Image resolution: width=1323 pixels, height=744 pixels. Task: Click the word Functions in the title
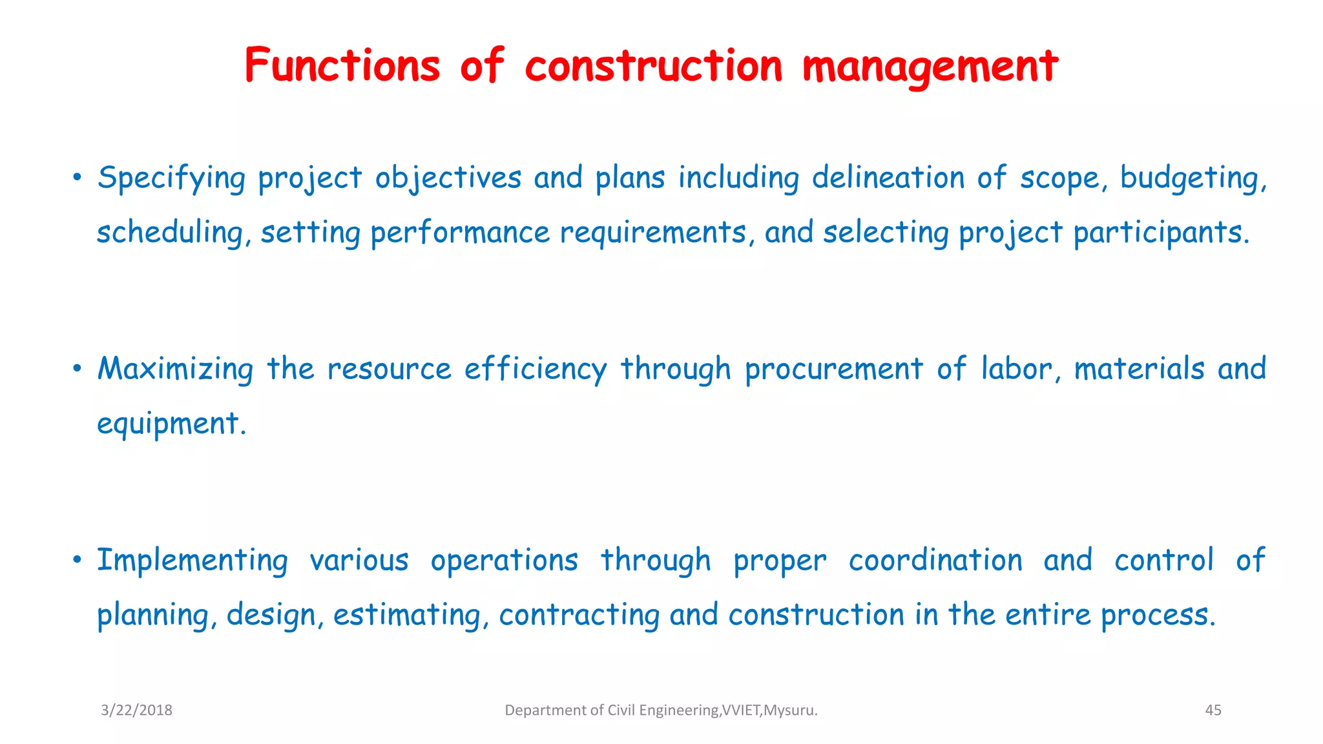pos(342,66)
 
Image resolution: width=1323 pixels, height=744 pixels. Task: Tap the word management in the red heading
pos(930,67)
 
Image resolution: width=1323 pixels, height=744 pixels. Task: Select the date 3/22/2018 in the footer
pos(136,710)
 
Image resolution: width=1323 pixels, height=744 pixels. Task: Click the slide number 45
pos(1213,710)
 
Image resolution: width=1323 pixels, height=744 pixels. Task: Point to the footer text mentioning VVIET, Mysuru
pos(661,710)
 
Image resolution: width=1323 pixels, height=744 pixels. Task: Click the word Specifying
pos(172,178)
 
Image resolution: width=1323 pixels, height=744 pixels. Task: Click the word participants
pos(1161,233)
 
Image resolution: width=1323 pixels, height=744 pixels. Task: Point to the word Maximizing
pos(175,369)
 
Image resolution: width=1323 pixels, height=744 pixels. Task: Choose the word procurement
pos(834,369)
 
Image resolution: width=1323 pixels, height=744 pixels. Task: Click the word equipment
pos(171,424)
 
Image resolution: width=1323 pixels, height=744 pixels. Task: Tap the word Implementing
pos(193,561)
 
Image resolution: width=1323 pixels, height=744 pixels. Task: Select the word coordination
pos(935,561)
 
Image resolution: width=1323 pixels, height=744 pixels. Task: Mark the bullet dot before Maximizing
pos(77,369)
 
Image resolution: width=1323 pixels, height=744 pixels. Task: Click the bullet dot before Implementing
pos(77,559)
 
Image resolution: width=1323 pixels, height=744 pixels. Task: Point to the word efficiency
pos(536,369)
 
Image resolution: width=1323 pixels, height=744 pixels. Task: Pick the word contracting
pos(579,615)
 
